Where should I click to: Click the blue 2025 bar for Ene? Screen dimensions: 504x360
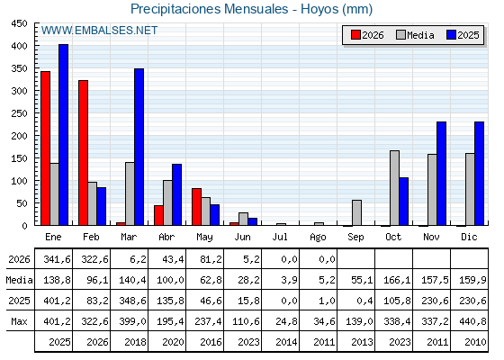(63, 135)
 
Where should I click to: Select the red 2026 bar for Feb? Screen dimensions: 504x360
(83, 153)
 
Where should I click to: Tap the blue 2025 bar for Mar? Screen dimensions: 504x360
(139, 147)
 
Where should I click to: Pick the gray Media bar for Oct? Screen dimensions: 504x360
(395, 188)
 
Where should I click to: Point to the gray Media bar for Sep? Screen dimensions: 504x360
(356, 212)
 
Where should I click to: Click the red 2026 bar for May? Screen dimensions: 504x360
(197, 207)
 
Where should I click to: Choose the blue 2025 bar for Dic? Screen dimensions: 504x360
(479, 174)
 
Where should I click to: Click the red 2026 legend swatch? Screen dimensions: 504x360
(355, 35)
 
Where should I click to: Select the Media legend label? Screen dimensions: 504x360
(420, 35)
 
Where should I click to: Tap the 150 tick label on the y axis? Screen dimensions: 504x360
(19, 158)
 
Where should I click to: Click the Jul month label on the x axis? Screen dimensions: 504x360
(280, 237)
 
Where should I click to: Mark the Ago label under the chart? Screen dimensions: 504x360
(318, 238)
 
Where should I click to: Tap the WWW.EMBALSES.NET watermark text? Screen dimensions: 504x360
(99, 31)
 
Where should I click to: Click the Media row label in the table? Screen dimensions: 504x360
(19, 280)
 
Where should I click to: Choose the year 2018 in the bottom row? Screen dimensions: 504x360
(135, 342)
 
